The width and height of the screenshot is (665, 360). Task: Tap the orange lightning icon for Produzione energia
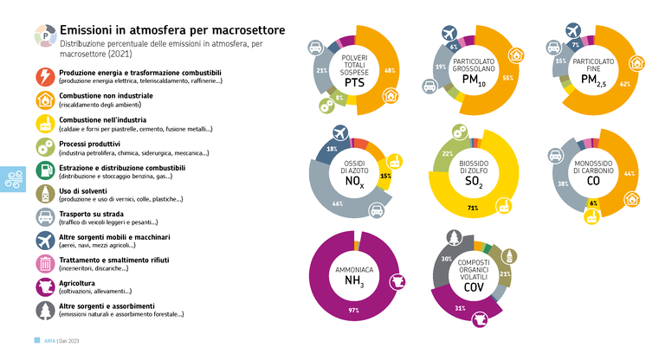[x=44, y=76]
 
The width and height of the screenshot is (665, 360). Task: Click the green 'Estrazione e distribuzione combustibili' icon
[x=44, y=170]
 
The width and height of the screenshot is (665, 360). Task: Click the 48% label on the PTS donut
[x=390, y=70]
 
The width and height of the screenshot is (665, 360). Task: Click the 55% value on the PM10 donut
[x=507, y=77]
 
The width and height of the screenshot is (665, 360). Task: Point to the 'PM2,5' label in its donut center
[x=595, y=80]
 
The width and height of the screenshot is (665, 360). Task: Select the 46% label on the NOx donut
[x=338, y=203]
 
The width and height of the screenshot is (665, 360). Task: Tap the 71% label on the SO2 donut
[x=473, y=209]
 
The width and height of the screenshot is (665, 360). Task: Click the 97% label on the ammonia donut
[x=353, y=310]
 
